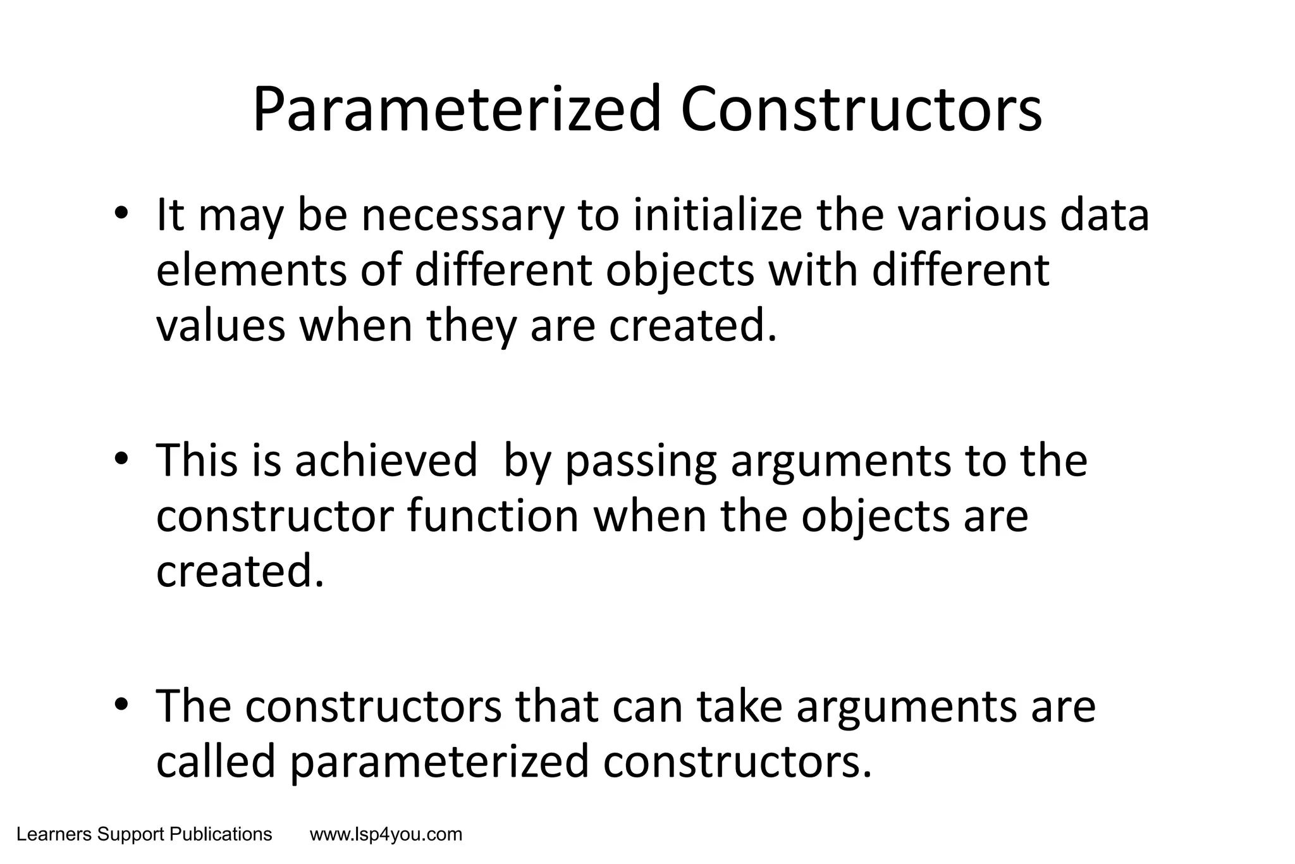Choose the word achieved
click(x=386, y=460)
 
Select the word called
click(x=216, y=761)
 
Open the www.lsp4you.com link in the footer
click(x=386, y=835)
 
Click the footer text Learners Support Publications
click(x=144, y=835)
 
